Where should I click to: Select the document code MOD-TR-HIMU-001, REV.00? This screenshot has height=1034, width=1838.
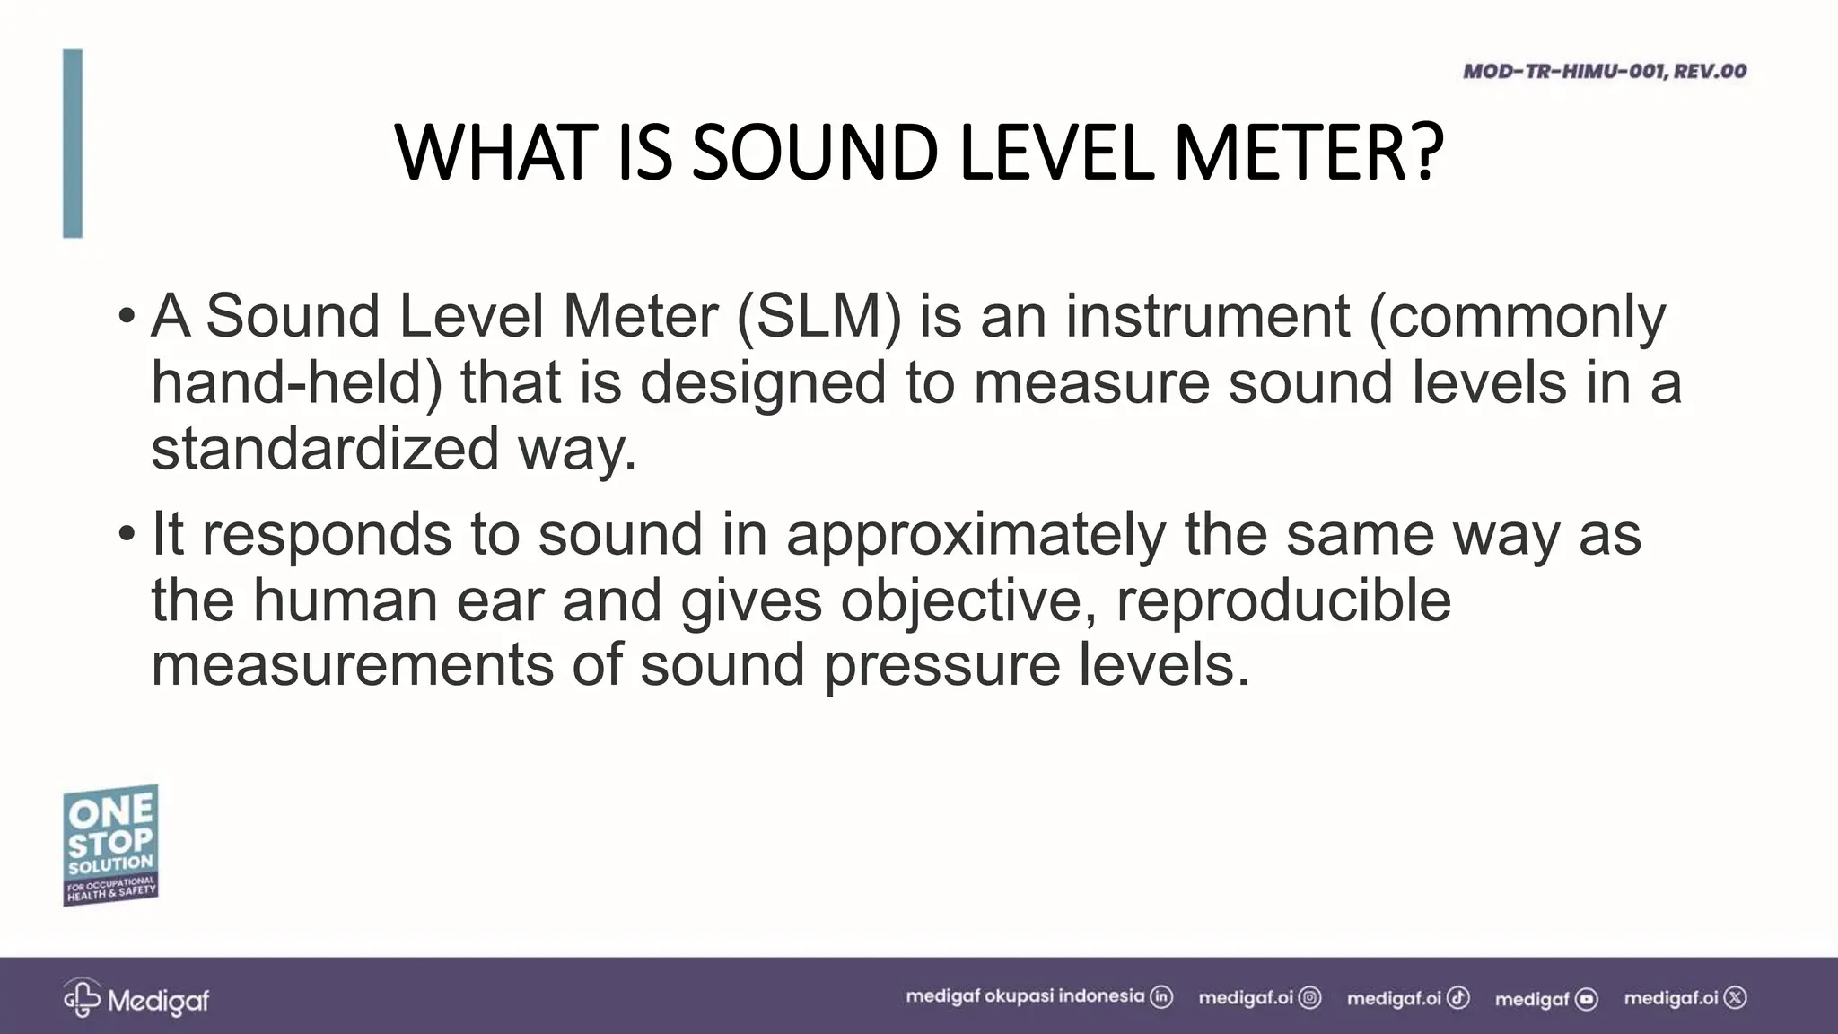(x=1605, y=71)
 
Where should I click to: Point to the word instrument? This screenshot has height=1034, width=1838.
(x=1208, y=316)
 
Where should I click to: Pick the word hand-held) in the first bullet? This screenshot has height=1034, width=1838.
(x=297, y=382)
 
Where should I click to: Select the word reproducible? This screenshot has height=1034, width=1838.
(x=1283, y=600)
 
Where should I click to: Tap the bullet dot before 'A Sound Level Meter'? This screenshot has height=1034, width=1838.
(x=127, y=317)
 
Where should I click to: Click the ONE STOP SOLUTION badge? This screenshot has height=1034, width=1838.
(x=110, y=845)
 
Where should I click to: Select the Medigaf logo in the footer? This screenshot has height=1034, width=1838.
(x=136, y=998)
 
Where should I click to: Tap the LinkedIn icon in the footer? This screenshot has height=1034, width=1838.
(x=1161, y=997)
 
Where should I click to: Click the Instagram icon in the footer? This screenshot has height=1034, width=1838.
(x=1310, y=997)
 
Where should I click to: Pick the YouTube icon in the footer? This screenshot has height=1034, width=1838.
(x=1587, y=998)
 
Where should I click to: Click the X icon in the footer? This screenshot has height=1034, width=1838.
(x=1736, y=997)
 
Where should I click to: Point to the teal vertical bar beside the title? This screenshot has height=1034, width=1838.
(x=73, y=144)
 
